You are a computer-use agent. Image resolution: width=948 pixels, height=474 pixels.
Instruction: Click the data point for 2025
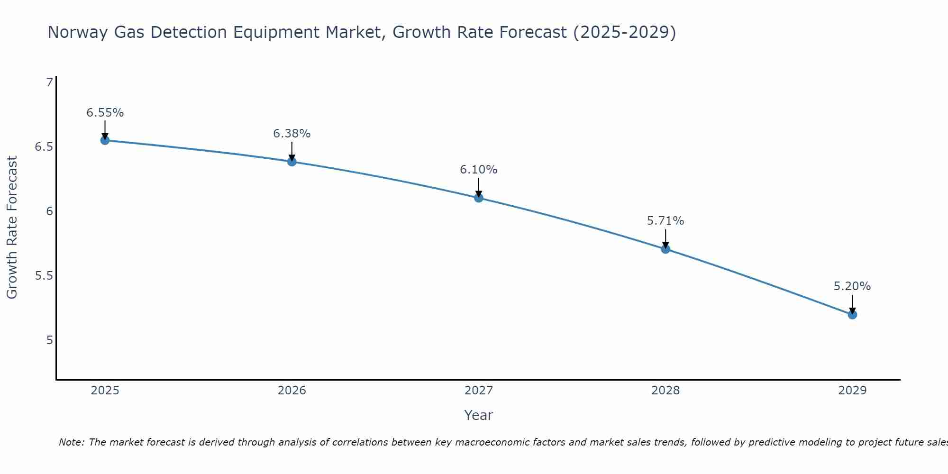coord(105,140)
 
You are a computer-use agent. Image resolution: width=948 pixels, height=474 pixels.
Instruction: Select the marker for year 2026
coord(292,162)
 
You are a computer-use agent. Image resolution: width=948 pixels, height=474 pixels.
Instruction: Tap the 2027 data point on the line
coord(479,198)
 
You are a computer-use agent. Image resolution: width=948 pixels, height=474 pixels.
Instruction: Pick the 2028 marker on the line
coord(665,249)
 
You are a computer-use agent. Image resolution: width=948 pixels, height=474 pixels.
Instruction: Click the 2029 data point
coord(852,314)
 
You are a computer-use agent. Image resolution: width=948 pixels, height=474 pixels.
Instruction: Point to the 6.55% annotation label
coord(105,113)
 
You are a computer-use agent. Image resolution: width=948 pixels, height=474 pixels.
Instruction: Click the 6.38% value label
coord(292,134)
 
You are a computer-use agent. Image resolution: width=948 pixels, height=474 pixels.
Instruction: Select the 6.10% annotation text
coord(479,170)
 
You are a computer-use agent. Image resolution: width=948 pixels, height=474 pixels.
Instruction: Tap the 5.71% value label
coord(665,221)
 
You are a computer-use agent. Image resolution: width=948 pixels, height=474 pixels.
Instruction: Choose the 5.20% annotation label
coord(852,286)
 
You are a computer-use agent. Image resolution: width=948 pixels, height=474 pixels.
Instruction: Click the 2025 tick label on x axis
coord(105,391)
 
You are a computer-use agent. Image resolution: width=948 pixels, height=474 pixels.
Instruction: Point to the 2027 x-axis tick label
coord(479,391)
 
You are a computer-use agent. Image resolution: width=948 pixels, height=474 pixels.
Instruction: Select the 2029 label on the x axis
coord(852,391)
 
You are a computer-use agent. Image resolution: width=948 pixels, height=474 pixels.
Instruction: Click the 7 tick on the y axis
coord(49,82)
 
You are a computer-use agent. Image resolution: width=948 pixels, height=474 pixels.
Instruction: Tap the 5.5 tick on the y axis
coord(44,276)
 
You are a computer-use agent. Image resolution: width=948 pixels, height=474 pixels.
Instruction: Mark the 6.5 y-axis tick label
coord(44,147)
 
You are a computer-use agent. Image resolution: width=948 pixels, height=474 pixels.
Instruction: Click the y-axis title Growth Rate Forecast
coord(12,228)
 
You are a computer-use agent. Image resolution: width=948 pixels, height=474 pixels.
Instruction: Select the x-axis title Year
coord(479,415)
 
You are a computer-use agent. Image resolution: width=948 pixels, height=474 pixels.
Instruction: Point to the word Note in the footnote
coord(71,442)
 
